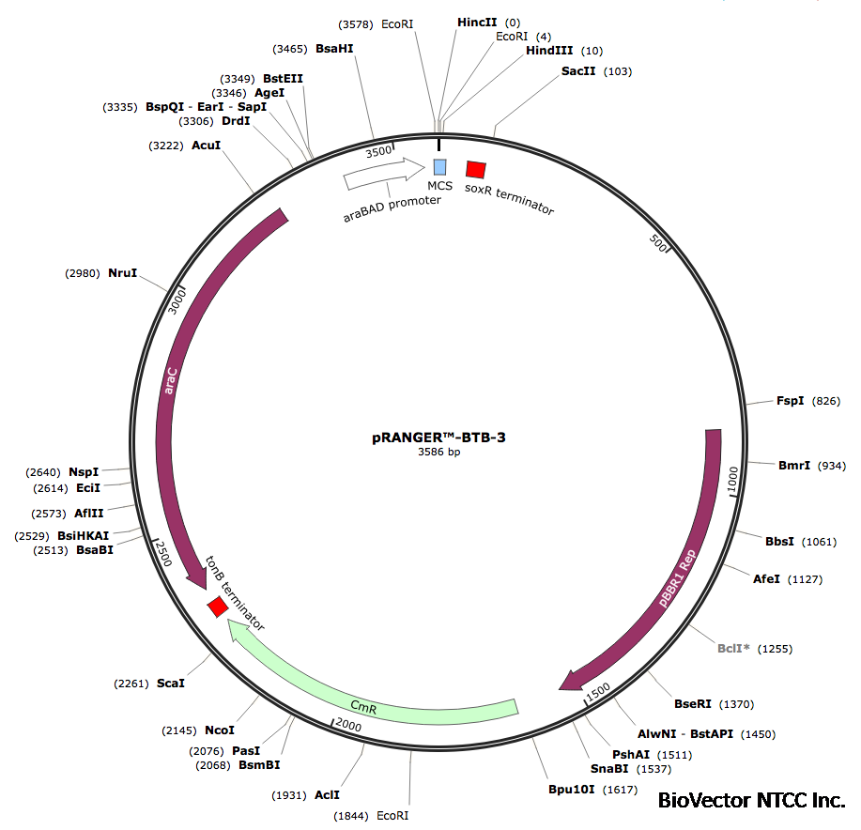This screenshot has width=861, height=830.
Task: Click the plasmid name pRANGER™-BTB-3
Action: click(439, 438)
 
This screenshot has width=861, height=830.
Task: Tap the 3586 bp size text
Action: click(439, 453)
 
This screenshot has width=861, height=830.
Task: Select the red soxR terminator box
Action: click(476, 169)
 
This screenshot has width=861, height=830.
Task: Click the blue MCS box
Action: click(439, 167)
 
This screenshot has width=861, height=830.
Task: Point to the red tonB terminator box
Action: click(218, 607)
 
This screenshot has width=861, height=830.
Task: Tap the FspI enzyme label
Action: click(790, 401)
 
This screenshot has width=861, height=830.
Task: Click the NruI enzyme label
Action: click(122, 273)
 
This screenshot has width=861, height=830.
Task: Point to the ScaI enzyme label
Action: click(170, 683)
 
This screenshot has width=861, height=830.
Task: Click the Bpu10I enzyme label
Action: click(573, 789)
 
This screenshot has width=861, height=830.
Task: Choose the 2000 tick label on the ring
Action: click(347, 725)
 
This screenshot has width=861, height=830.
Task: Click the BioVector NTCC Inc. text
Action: click(751, 801)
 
